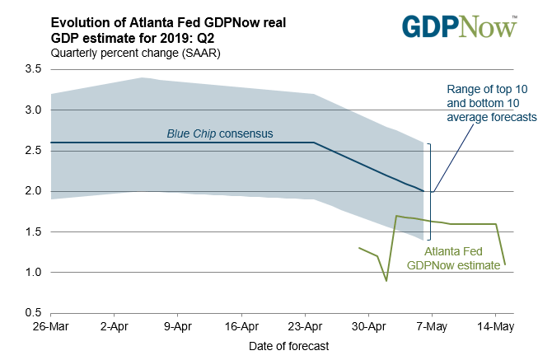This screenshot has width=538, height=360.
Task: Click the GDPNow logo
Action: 461,26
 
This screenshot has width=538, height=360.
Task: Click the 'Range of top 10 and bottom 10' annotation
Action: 491,103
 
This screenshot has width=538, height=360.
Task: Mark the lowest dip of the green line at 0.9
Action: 386,281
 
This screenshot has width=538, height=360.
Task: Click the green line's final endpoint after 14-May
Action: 504,264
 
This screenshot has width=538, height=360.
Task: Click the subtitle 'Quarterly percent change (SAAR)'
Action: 135,53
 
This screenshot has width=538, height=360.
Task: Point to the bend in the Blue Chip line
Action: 314,143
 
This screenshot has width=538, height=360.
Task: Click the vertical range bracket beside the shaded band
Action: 429,191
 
